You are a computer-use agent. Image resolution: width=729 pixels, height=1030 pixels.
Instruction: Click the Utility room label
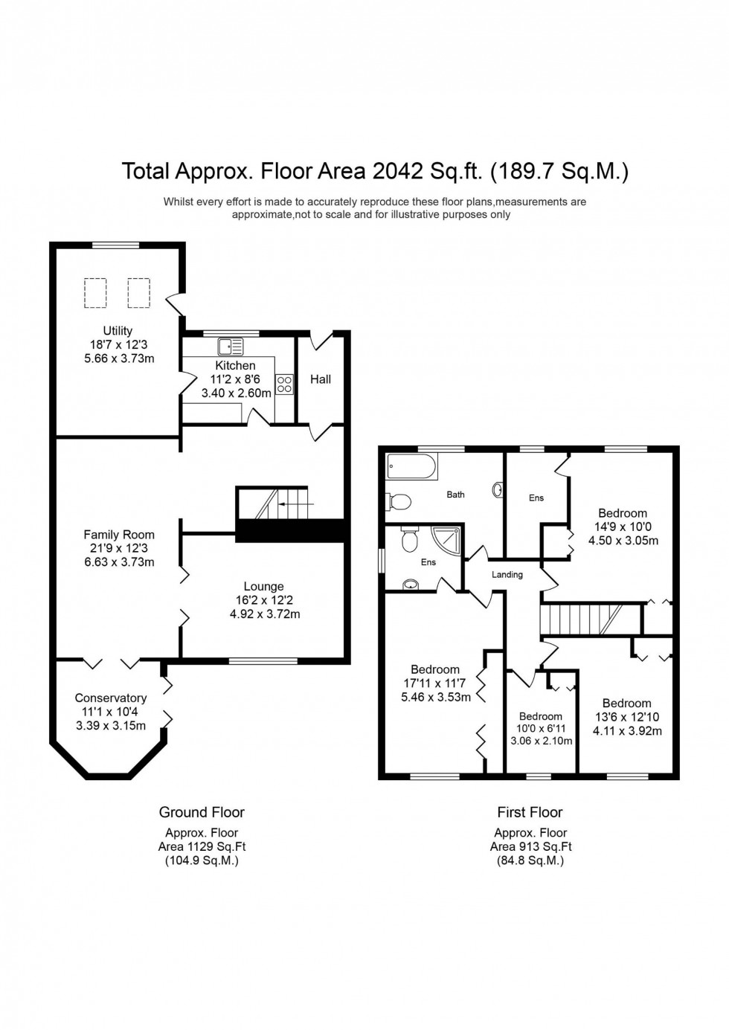tap(118, 331)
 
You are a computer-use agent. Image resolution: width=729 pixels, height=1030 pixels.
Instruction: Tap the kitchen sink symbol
tap(230, 346)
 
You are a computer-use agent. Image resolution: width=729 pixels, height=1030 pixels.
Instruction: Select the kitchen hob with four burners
tap(284, 384)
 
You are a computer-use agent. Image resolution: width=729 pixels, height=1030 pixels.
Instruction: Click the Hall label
tap(321, 379)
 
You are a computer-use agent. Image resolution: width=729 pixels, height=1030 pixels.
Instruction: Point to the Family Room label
tap(119, 535)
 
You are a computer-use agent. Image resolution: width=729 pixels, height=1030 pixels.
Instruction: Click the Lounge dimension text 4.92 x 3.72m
tap(265, 614)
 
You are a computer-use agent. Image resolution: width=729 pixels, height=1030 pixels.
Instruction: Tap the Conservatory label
tap(111, 698)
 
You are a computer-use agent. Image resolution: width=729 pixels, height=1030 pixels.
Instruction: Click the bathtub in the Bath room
tap(411, 468)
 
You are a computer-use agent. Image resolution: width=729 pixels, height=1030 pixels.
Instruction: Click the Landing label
tap(507, 575)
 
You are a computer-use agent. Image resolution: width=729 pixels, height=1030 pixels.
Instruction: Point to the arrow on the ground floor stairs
tap(295, 504)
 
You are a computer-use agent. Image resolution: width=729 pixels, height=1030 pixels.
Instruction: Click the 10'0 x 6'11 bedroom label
tap(541, 717)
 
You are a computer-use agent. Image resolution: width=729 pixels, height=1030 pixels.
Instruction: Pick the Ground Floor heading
tap(202, 812)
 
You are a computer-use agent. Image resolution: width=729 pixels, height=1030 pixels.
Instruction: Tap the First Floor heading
tap(530, 812)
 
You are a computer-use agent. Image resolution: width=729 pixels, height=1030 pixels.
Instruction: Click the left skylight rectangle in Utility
tap(95, 292)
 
